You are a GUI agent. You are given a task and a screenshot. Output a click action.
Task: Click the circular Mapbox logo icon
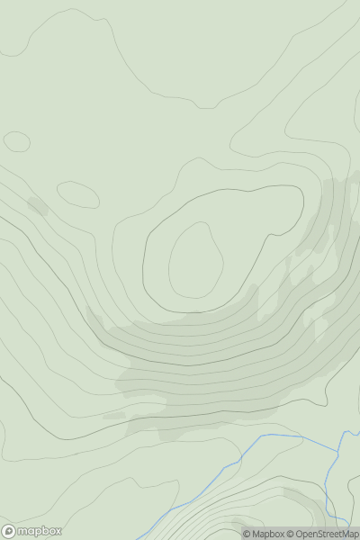click(9, 531)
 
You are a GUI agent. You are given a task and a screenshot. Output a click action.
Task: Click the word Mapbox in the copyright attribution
click(269, 534)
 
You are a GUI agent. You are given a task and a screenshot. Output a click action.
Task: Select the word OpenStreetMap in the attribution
click(326, 534)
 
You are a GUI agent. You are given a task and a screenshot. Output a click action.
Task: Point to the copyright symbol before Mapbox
click(247, 534)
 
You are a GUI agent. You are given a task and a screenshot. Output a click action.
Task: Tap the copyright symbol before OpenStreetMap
click(290, 534)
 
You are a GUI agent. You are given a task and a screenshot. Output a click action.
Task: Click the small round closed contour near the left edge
click(16, 141)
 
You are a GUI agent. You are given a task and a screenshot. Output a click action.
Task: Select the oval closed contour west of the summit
click(77, 194)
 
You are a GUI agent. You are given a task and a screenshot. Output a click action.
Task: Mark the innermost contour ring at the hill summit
click(195, 261)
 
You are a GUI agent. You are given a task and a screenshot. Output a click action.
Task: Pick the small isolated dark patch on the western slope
click(37, 206)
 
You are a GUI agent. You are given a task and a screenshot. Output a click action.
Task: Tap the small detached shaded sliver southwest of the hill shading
click(114, 415)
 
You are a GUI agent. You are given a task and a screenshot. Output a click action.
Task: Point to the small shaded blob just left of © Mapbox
click(238, 523)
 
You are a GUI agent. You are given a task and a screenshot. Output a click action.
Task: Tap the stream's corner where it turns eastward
click(261, 438)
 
